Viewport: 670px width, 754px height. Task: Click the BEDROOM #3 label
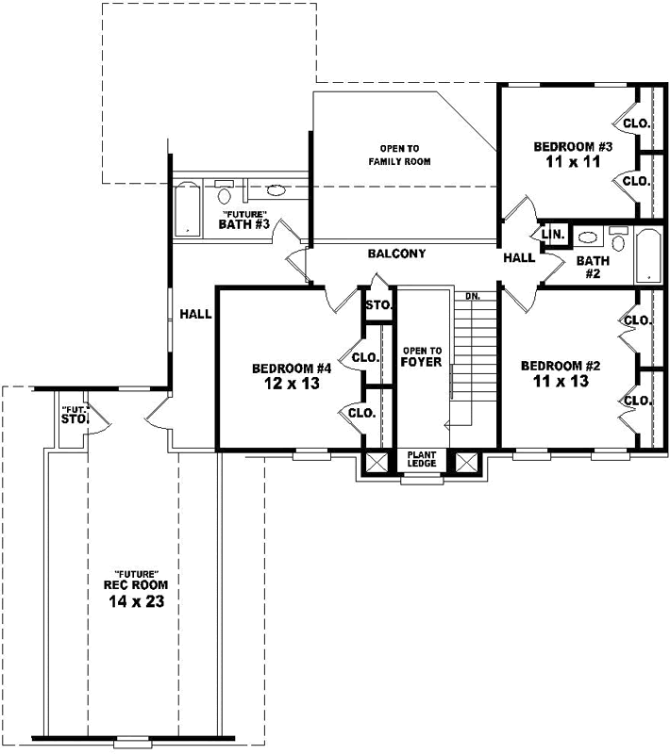coord(574,146)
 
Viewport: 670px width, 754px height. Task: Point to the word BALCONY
coord(396,254)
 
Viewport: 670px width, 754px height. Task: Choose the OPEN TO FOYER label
coord(422,355)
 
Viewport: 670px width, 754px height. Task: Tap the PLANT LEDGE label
coord(421,459)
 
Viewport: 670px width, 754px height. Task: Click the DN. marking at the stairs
coord(473,296)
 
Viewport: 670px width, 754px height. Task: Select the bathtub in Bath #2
coord(648,254)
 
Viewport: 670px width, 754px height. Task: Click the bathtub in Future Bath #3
coord(187,208)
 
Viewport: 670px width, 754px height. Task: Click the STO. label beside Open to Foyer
coord(378,305)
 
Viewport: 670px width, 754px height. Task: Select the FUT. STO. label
coord(74,415)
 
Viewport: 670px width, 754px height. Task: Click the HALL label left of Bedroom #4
coord(195,314)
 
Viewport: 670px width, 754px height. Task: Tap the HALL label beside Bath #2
coord(519,257)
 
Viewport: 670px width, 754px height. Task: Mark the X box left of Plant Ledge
coord(377,462)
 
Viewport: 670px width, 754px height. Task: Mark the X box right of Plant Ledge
coord(467,462)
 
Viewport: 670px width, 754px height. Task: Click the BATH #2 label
coord(594,267)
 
